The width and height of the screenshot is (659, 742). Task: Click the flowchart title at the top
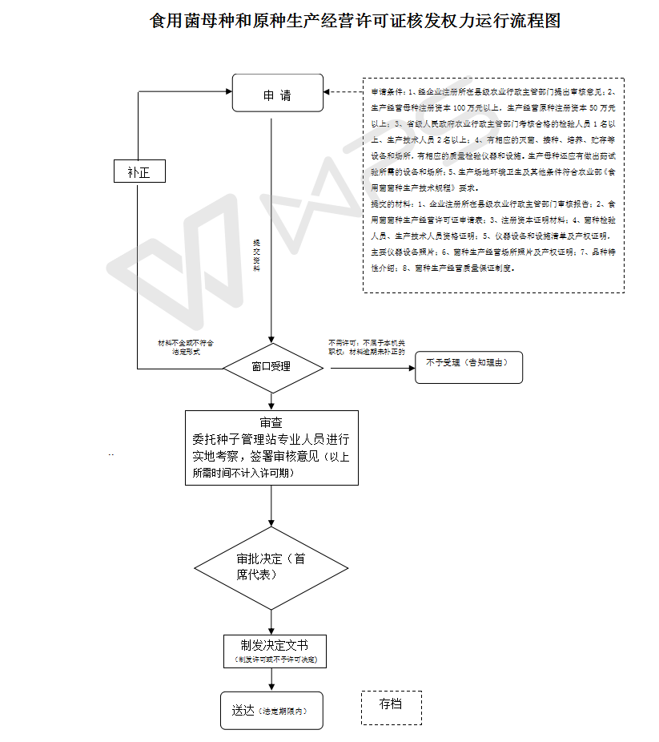(x=355, y=21)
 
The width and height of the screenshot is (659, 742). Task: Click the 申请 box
(x=277, y=95)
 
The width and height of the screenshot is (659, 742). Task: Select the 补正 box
(x=139, y=171)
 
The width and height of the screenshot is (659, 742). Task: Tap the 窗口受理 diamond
(x=272, y=368)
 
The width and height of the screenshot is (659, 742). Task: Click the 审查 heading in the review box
(x=271, y=422)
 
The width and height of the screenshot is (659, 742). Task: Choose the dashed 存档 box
(x=391, y=705)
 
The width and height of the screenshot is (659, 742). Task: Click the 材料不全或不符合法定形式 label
(x=186, y=347)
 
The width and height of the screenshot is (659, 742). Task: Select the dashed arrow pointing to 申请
(x=344, y=92)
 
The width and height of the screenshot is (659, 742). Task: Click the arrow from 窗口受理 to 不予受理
(x=369, y=368)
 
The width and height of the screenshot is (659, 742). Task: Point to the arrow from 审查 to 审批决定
(x=272, y=506)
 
